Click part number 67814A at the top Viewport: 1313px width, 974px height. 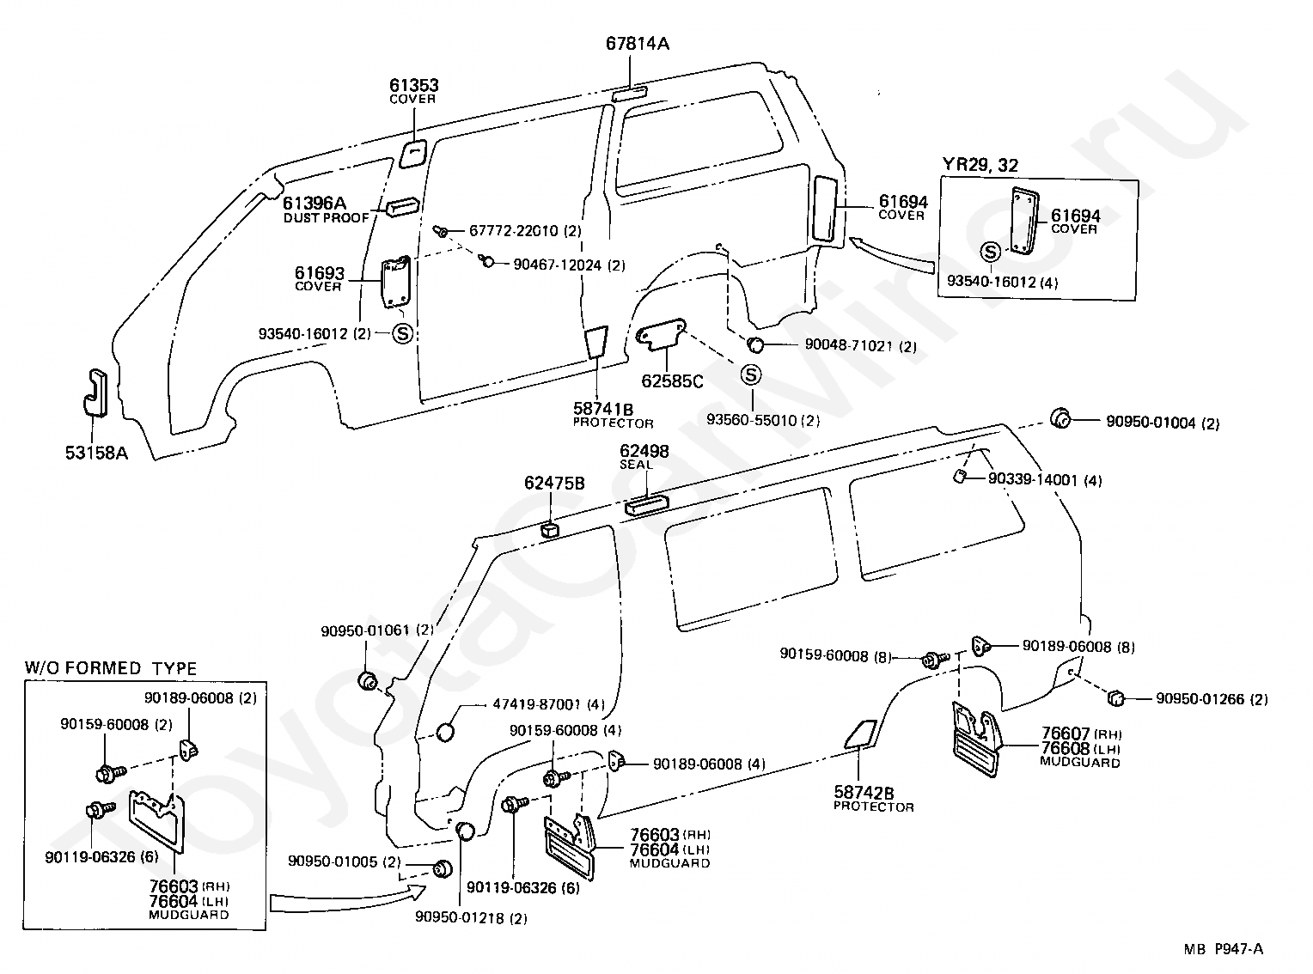[x=638, y=43]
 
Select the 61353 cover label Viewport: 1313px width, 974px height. [x=413, y=90]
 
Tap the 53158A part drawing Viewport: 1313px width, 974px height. [x=95, y=393]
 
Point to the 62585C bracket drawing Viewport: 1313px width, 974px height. [x=661, y=334]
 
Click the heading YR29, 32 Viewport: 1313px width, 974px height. [x=980, y=165]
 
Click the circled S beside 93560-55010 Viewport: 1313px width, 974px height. [x=751, y=374]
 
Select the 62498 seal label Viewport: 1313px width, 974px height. [x=644, y=456]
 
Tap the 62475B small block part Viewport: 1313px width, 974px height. [x=549, y=529]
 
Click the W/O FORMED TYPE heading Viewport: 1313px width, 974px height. [x=111, y=668]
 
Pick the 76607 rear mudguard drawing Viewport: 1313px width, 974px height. [x=975, y=738]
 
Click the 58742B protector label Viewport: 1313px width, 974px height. [x=873, y=798]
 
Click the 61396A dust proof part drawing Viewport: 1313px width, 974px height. [x=402, y=206]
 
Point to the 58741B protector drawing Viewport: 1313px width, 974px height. [x=596, y=342]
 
